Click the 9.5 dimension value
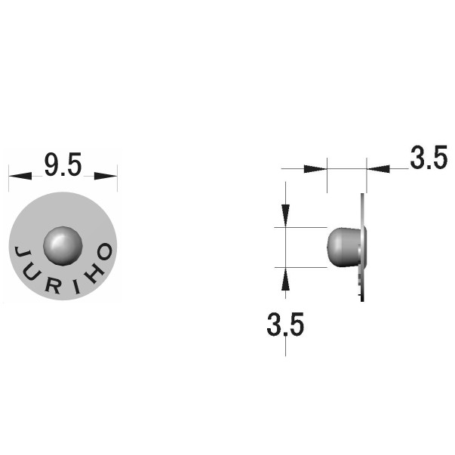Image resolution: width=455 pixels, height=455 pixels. coord(63,164)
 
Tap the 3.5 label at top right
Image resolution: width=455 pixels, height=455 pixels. coord(429,157)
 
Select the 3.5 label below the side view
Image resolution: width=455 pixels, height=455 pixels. coord(285,324)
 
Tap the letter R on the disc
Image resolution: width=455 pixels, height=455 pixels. coord(54,286)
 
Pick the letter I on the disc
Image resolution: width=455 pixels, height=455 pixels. coord(77,287)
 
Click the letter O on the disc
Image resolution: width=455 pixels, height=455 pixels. coord(105,251)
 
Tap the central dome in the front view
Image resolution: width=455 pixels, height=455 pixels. coord(63,246)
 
